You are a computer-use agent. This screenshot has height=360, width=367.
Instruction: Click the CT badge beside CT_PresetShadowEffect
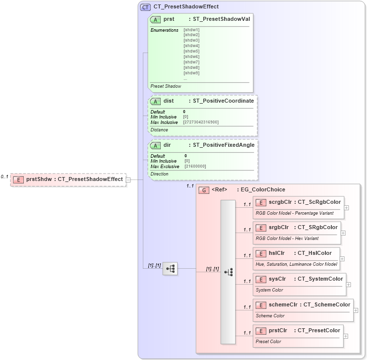click(x=145, y=7)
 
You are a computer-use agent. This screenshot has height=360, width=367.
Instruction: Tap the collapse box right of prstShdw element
click(x=128, y=180)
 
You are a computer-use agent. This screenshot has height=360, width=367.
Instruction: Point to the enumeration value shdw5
click(x=191, y=51)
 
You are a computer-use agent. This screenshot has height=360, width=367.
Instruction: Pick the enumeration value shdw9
click(x=191, y=73)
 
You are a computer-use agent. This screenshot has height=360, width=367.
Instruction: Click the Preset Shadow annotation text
click(x=166, y=86)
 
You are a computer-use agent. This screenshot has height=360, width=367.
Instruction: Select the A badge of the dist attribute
click(x=156, y=101)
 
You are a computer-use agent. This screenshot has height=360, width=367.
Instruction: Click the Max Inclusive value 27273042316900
click(x=201, y=122)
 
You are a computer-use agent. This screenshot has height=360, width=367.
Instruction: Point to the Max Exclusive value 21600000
click(x=195, y=166)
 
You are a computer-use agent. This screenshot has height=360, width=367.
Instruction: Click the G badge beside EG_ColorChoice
click(x=203, y=190)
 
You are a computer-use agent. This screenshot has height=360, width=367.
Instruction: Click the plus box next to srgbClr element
click(x=343, y=233)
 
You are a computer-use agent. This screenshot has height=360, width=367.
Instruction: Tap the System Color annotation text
click(x=269, y=290)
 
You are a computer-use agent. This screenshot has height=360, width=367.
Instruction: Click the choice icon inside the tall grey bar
click(x=228, y=272)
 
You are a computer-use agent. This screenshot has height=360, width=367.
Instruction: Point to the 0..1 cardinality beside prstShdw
click(x=4, y=177)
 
